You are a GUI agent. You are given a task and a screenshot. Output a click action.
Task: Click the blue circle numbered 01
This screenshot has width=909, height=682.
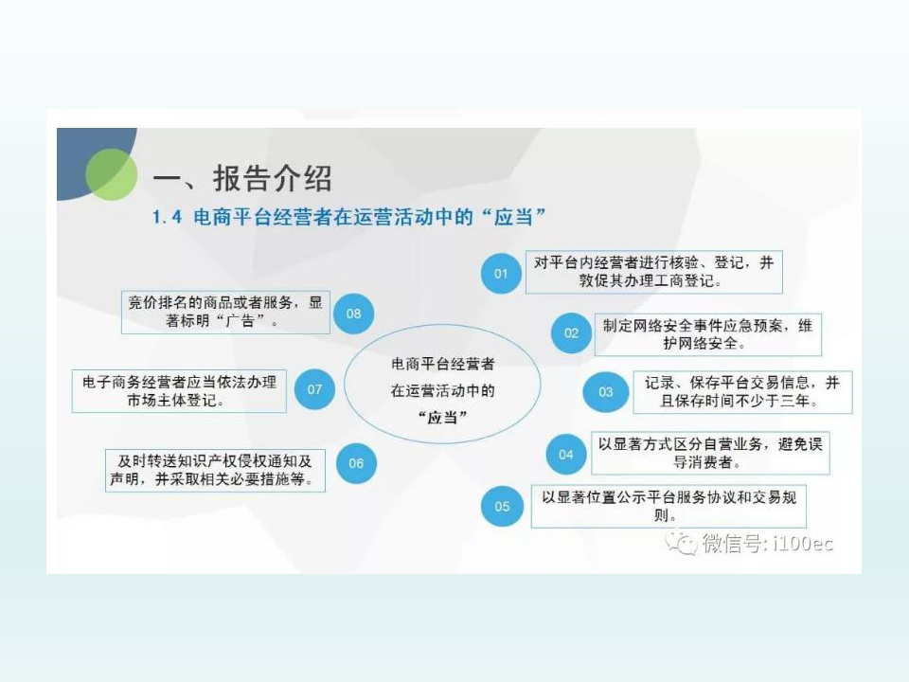[x=501, y=273]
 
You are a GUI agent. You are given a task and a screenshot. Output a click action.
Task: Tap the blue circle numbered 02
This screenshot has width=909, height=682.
[x=571, y=332]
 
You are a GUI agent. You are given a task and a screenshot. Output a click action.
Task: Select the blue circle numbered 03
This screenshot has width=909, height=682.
[x=605, y=392]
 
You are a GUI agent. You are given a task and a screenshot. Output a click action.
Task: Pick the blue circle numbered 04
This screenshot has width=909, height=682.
[x=566, y=454]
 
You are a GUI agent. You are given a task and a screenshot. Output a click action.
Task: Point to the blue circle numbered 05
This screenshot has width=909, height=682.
[x=502, y=506]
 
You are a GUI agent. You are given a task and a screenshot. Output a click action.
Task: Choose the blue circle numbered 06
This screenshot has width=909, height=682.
[x=356, y=463]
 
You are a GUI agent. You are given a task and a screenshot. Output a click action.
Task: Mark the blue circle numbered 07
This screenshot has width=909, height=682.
[x=314, y=389]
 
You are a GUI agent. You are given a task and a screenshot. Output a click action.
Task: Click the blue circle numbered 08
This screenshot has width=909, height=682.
[x=353, y=314]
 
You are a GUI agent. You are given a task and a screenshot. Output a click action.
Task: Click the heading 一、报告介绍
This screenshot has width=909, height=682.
[x=242, y=178]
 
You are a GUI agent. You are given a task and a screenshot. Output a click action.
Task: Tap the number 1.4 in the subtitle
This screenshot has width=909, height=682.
[x=167, y=218]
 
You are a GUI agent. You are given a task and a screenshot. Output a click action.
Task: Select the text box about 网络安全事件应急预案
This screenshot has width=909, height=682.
[x=708, y=334]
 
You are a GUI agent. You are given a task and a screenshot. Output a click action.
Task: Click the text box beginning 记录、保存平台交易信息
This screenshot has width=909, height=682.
[x=742, y=392]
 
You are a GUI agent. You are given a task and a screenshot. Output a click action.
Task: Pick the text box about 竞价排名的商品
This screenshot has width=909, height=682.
[x=225, y=312]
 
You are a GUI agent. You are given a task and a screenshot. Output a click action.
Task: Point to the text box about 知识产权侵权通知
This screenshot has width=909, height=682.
[x=215, y=471]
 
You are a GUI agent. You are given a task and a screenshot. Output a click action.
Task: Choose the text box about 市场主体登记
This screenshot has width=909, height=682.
[x=179, y=391]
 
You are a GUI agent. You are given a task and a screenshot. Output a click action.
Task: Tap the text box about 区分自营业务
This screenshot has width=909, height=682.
[x=710, y=454]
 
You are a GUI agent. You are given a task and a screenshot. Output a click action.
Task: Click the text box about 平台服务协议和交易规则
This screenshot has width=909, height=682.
[x=668, y=506]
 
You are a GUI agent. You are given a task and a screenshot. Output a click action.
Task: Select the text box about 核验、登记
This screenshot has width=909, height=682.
[x=654, y=272]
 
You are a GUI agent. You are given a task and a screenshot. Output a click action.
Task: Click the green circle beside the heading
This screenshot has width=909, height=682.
[x=112, y=174]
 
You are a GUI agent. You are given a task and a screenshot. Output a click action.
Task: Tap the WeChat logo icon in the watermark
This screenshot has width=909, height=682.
[x=681, y=543]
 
